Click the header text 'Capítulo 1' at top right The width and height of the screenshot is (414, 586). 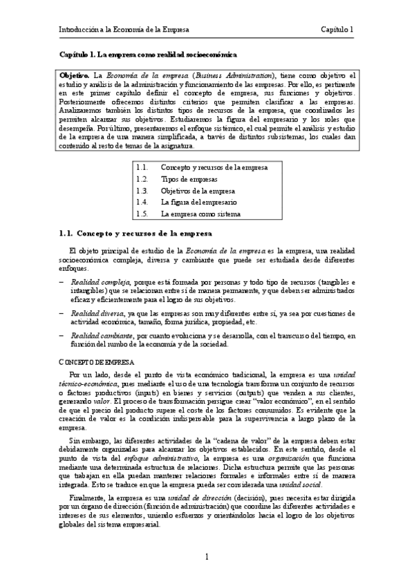tap(337, 30)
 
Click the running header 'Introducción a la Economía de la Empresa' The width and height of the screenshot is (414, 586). tap(124, 30)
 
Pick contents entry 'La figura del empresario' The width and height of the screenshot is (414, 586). tap(198, 202)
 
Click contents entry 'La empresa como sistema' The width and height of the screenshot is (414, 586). tap(200, 214)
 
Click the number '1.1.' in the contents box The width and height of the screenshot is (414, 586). tap(142, 167)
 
